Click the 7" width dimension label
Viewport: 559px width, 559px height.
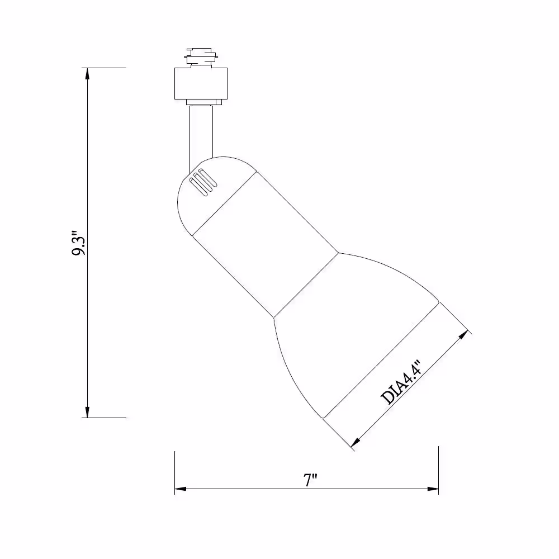(310, 480)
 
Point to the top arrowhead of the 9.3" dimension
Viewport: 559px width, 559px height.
(87, 73)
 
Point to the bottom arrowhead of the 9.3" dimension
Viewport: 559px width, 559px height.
(87, 412)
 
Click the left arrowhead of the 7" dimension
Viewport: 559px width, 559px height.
(181, 489)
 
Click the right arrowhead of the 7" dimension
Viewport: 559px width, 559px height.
(433, 489)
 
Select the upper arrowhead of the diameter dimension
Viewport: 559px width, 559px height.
(464, 335)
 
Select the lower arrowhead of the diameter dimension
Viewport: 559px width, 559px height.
(356, 443)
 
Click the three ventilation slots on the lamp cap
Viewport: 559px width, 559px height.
(203, 182)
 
